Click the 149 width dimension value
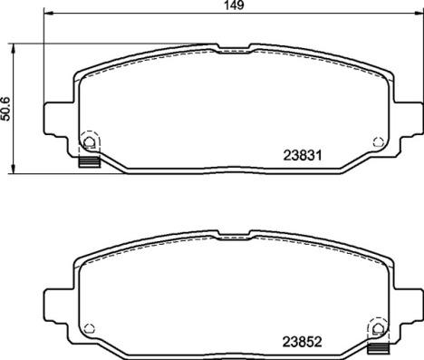[x=234, y=5]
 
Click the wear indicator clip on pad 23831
[x=89, y=163]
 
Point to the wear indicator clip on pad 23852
[x=378, y=345]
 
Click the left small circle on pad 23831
[x=90, y=141]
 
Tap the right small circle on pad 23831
[x=377, y=141]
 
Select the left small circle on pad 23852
[x=90, y=328]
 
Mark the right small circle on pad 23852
[x=377, y=328]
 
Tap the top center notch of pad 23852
[x=234, y=238]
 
